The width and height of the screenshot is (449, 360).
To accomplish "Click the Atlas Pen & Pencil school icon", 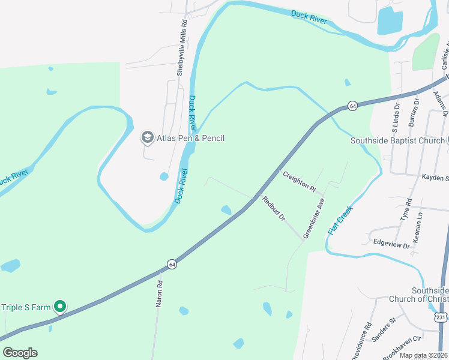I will pyautogui.click(x=147, y=138).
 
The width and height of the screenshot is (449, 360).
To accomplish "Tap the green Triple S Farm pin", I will pyautogui.click(x=60, y=307).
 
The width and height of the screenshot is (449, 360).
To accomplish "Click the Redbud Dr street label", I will pyautogui.click(x=273, y=209).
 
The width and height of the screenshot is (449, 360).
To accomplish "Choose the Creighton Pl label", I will pyautogui.click(x=299, y=180).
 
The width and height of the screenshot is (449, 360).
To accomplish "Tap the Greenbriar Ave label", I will pyautogui.click(x=313, y=218).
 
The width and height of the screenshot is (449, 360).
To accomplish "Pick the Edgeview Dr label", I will pyautogui.click(x=391, y=245).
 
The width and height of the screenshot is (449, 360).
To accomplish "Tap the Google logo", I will pyautogui.click(x=20, y=353).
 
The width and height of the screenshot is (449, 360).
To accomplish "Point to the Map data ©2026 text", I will pyautogui.click(x=423, y=355).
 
